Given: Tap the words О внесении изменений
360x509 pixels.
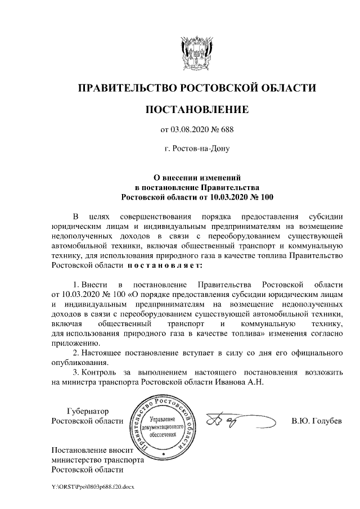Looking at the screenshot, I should pos(196,177).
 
